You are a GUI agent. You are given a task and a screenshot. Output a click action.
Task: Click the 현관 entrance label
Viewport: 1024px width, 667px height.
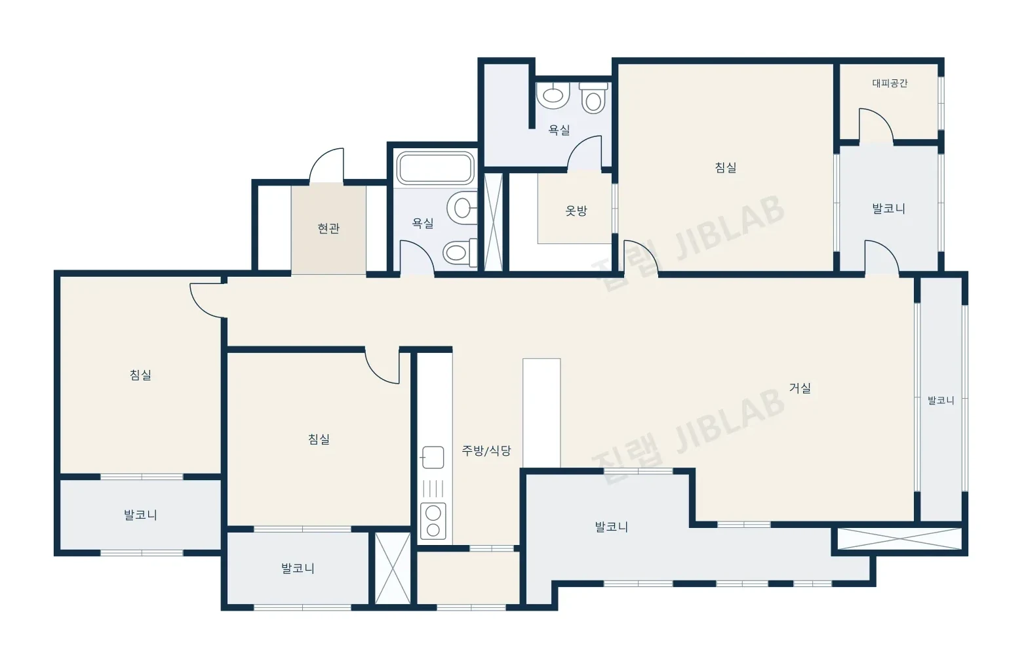coord(328,228)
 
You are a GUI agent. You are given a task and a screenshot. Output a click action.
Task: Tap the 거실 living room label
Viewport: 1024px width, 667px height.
coord(800,388)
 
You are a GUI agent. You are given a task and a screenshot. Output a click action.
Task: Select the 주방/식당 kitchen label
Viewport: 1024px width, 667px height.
coord(486,451)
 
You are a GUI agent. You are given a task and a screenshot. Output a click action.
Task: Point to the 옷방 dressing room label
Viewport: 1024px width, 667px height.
coord(576,211)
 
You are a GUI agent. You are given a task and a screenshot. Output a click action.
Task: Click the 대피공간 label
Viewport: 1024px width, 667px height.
coord(890,83)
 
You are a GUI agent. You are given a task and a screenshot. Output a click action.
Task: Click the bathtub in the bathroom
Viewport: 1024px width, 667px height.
coord(435,168)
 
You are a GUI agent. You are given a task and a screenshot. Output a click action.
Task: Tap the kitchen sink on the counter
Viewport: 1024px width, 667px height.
coord(432,457)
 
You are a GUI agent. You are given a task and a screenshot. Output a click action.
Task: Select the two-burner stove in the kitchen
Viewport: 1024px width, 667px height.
coord(433,521)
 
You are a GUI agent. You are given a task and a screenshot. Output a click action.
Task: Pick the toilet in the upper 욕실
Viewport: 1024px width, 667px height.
coord(593,98)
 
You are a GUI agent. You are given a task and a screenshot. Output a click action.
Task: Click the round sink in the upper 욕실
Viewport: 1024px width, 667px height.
coord(553,95)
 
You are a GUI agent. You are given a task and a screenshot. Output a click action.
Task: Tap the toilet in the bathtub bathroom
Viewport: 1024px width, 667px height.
coord(460,253)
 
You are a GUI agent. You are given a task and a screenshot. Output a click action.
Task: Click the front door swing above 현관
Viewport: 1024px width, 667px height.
coord(326,166)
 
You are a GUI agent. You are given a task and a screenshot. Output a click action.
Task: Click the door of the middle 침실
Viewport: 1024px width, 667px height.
coord(382,367)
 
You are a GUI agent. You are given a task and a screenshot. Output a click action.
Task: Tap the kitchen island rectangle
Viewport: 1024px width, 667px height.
coord(542,413)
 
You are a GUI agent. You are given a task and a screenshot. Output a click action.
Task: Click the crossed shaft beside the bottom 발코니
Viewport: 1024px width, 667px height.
coord(393,568)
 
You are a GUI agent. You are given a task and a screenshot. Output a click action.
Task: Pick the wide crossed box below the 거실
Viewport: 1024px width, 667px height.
coord(899,538)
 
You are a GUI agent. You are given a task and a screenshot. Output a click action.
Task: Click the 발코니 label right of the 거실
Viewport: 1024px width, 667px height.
coord(941,400)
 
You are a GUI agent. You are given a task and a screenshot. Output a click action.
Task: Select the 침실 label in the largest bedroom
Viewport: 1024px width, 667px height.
coord(726,167)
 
